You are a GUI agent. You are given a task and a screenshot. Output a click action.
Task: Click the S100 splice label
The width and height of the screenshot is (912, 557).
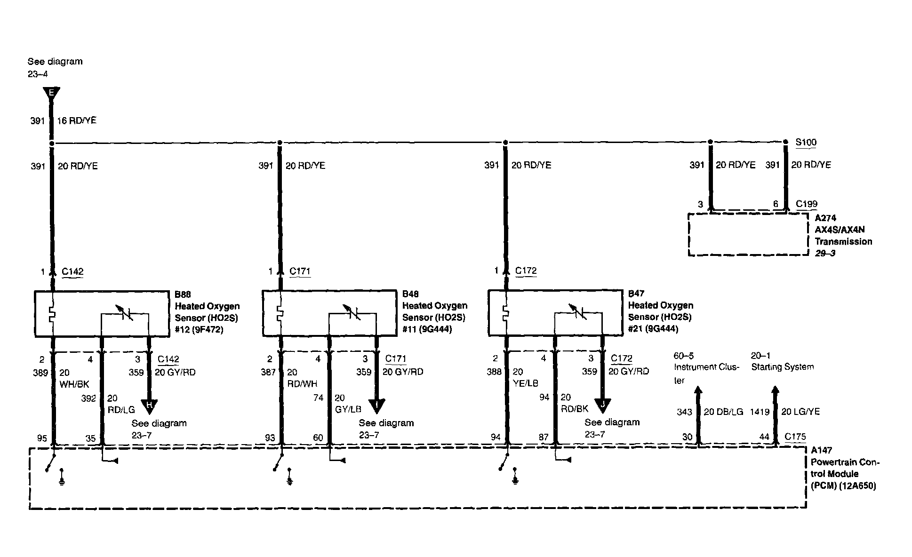click(806, 142)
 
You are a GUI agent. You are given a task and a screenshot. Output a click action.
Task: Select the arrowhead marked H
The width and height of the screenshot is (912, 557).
click(149, 406)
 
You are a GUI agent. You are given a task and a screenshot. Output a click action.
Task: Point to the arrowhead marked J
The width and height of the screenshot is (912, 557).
click(602, 405)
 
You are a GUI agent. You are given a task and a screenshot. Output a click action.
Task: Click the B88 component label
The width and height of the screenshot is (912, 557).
click(183, 294)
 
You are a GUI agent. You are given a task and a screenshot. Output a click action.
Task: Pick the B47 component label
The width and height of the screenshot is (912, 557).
click(636, 294)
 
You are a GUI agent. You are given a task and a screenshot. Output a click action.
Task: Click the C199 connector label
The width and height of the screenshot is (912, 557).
click(806, 204)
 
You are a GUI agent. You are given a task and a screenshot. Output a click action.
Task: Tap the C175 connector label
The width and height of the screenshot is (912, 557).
click(795, 437)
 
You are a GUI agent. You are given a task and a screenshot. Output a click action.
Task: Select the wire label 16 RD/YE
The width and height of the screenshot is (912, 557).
click(77, 121)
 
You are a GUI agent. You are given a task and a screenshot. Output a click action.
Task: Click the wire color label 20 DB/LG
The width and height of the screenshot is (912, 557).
click(723, 412)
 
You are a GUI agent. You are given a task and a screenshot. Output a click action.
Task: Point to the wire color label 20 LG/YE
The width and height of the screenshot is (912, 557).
click(800, 412)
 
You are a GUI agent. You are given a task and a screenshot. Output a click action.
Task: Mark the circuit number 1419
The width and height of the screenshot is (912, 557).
click(760, 412)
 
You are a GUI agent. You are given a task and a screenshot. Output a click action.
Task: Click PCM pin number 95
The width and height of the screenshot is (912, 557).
click(42, 438)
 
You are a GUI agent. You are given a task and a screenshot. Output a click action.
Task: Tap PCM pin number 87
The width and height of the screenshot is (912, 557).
click(544, 438)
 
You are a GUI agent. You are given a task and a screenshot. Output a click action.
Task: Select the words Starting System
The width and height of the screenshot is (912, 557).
click(782, 367)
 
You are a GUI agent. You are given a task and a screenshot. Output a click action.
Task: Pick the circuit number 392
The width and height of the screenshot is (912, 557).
click(88, 398)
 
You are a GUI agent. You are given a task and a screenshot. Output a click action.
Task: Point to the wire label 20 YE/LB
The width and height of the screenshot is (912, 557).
click(525, 377)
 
